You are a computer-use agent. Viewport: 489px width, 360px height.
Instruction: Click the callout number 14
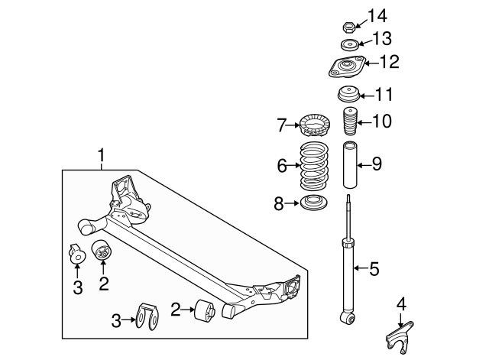tap(377, 15)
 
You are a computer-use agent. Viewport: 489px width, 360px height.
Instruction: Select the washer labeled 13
tap(348, 45)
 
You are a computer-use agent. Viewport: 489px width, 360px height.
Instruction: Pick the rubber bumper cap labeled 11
tap(348, 97)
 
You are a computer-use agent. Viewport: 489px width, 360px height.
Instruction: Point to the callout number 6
tap(282, 165)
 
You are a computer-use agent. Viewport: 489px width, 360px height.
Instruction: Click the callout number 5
tap(374, 268)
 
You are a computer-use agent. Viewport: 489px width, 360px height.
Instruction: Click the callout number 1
tap(101, 158)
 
